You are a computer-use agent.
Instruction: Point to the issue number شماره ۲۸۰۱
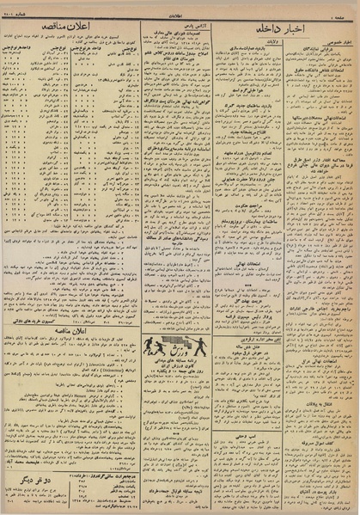pyautogui.click(x=25, y=10)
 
